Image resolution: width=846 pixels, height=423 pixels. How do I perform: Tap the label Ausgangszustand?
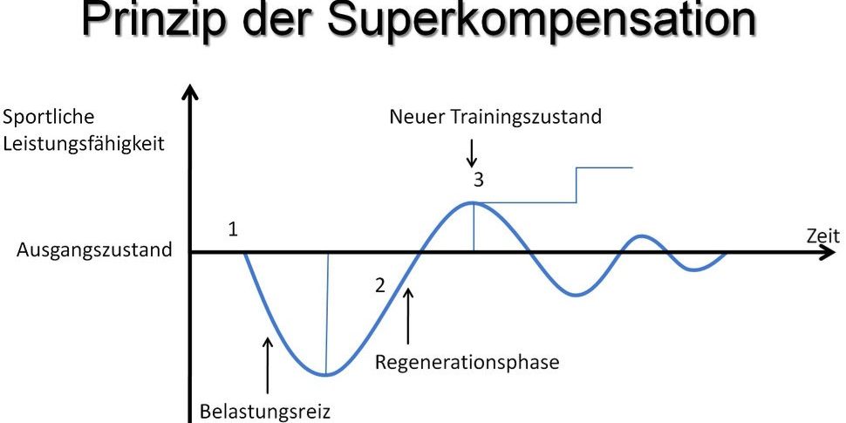click(94, 251)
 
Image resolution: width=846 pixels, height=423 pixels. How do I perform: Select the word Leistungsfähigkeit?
click(84, 142)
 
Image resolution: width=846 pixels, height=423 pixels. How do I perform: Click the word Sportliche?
click(49, 117)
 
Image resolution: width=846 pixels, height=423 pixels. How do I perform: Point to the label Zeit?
click(822, 235)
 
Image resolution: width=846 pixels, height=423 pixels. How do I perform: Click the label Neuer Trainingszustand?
click(495, 117)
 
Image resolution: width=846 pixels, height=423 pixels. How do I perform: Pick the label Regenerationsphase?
click(467, 361)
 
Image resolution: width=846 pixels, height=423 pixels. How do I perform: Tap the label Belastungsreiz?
click(265, 410)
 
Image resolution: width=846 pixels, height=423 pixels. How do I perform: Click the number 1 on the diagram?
click(233, 230)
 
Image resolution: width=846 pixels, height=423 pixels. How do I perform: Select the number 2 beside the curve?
click(379, 285)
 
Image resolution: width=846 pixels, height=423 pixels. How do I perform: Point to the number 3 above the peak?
click(478, 181)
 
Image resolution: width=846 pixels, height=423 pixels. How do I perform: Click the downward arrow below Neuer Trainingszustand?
click(472, 153)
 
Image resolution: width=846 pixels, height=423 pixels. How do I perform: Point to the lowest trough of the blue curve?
click(325, 375)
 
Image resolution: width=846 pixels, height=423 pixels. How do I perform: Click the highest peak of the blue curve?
click(473, 203)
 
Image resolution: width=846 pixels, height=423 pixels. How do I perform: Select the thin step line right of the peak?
click(576, 185)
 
